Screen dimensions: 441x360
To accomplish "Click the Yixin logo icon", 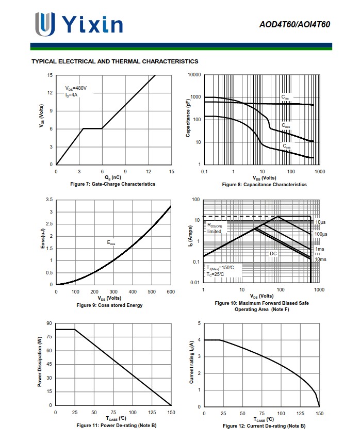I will (45, 24).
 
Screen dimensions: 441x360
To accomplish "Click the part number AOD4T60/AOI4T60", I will (295, 24).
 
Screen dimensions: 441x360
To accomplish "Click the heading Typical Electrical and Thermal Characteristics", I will (115, 61).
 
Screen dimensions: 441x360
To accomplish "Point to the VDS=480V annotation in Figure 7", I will (76, 88).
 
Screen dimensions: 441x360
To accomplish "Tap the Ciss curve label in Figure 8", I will (285, 97).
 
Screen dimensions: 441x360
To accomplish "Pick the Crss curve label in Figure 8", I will (286, 146).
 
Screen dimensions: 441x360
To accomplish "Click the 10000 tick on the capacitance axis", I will (194, 75).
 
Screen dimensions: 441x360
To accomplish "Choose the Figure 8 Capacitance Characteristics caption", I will (264, 185).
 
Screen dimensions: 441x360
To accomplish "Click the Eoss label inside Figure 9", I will (111, 242).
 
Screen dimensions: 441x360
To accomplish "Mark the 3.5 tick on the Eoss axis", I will (49, 200).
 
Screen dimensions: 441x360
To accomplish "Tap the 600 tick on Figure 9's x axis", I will (171, 292).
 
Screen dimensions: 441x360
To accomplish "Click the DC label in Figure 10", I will (273, 254).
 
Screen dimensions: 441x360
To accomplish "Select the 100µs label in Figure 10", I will (321, 235).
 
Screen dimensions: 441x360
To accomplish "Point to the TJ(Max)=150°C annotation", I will (220, 268).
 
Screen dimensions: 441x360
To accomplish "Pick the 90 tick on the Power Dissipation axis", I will (49, 323).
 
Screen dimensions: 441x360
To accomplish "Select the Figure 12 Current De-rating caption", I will (264, 426).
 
